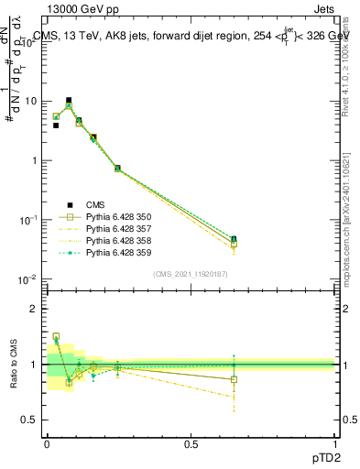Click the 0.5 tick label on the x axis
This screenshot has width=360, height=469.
tap(191, 443)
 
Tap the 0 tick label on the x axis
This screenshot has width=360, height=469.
tap(47, 443)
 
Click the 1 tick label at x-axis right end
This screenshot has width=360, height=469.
tap(335, 443)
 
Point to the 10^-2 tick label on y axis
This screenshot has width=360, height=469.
tap(30, 279)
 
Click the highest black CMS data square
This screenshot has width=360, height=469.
tap(68, 100)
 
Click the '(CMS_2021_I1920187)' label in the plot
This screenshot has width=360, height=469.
tap(191, 272)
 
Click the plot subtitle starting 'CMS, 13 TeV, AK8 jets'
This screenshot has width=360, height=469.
tap(183, 37)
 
